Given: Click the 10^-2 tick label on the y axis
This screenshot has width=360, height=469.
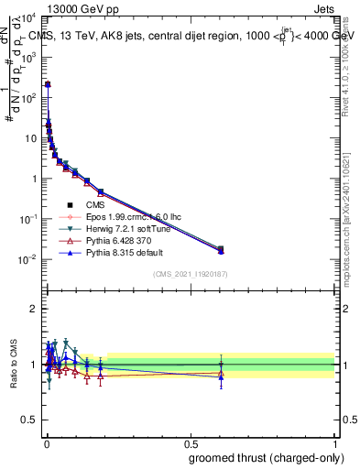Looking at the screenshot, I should coord(27,259).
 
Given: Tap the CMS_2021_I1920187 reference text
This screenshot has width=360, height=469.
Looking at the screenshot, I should coord(191,274).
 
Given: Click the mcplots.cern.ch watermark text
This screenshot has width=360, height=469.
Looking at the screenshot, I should coord(352,229).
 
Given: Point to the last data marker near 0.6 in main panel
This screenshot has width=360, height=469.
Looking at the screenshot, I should coord(220,248).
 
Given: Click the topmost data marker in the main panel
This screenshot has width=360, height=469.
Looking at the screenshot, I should coord(48,84).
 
